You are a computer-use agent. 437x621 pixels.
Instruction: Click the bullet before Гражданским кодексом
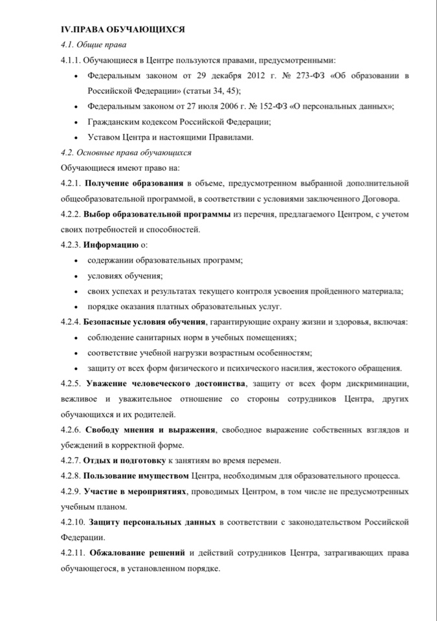click(78, 122)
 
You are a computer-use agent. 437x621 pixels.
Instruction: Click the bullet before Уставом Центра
click(78, 137)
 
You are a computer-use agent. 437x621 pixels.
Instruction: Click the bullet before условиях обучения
click(78, 276)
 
